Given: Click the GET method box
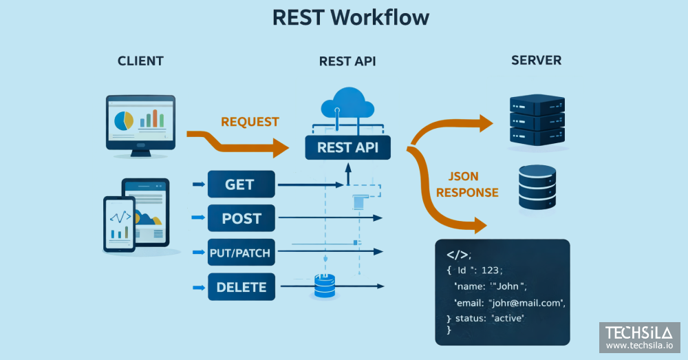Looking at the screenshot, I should point(241,184).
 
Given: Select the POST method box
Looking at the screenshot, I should point(241,218).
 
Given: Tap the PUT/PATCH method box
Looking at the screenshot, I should point(241,253).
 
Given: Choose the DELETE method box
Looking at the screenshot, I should point(241,286).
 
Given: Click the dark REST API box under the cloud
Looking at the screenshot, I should point(348,147).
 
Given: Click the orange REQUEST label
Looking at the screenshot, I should point(250,122).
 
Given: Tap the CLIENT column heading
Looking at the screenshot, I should point(140,61).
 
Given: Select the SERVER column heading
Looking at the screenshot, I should point(536,61).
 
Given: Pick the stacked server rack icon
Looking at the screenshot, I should point(536,120).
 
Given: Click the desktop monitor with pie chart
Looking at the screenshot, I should point(140,123).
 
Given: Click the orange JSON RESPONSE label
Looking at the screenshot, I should point(467,184).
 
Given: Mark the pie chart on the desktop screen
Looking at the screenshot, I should point(124,120).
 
